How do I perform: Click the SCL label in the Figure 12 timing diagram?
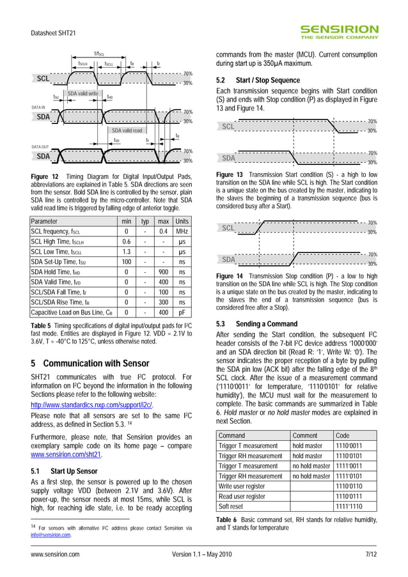43,79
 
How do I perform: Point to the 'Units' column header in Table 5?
183,221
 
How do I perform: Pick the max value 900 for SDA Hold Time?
163,272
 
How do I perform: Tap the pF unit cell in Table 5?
183,312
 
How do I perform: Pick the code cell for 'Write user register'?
349,486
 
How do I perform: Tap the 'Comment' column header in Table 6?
304,435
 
